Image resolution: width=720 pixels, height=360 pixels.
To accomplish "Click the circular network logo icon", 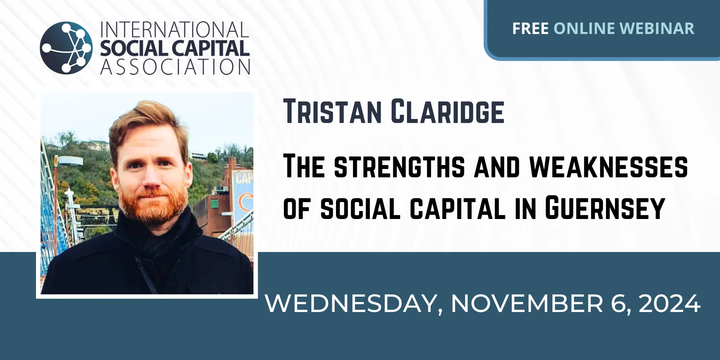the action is pyautogui.click(x=66, y=48).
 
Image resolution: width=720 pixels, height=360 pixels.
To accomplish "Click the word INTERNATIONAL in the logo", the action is pyautogui.click(x=175, y=30).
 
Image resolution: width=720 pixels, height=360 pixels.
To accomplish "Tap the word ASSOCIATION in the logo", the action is pyautogui.click(x=175, y=67).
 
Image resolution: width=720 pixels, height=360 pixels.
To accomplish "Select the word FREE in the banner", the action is pyautogui.click(x=530, y=29).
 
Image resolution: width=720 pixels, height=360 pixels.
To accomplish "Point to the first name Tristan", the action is pyautogui.click(x=332, y=111).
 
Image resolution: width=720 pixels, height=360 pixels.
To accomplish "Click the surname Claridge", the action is pyautogui.click(x=448, y=111).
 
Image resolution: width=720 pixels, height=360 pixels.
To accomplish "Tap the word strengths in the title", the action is pyautogui.click(x=399, y=166).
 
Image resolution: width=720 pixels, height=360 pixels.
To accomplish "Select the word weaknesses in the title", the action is pyautogui.click(x=608, y=166).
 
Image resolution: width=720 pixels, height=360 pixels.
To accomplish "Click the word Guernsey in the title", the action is pyautogui.click(x=605, y=208).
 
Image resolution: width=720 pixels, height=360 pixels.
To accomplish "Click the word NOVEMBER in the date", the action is pyautogui.click(x=527, y=303).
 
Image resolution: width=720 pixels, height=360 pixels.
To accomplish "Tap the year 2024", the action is pyautogui.click(x=669, y=303).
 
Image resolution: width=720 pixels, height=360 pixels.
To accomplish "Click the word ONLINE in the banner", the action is pyautogui.click(x=584, y=29).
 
